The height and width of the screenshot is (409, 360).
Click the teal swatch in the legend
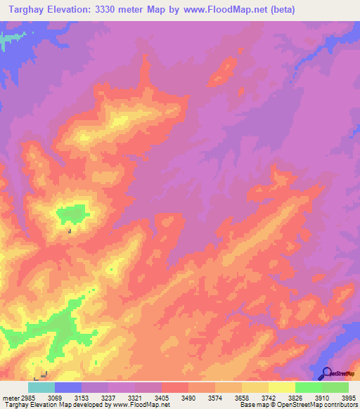coord(41,387)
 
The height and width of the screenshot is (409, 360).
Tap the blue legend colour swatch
coord(67,387)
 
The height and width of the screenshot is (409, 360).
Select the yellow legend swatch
coord(281,387)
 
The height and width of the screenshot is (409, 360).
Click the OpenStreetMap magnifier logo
coord(326,374)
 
